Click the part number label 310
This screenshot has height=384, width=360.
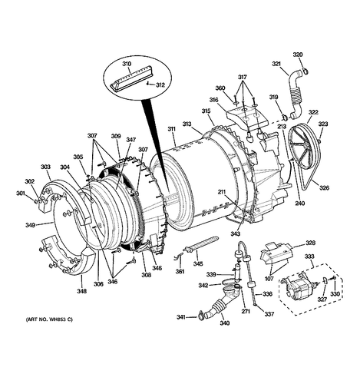126,64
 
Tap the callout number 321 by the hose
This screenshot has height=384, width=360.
276,64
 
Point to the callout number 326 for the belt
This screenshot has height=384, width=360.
324,188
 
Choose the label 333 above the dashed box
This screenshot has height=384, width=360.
309,257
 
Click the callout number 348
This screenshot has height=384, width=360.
82,291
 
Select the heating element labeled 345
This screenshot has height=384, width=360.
201,243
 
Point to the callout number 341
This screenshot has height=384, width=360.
181,317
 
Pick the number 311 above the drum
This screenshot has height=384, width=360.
171,129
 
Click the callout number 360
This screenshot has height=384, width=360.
220,88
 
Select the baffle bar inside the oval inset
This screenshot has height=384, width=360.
133,78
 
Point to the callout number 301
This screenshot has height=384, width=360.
21,194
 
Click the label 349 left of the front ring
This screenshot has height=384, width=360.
30,225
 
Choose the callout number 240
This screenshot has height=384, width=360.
300,204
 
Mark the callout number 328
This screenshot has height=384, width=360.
310,243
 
